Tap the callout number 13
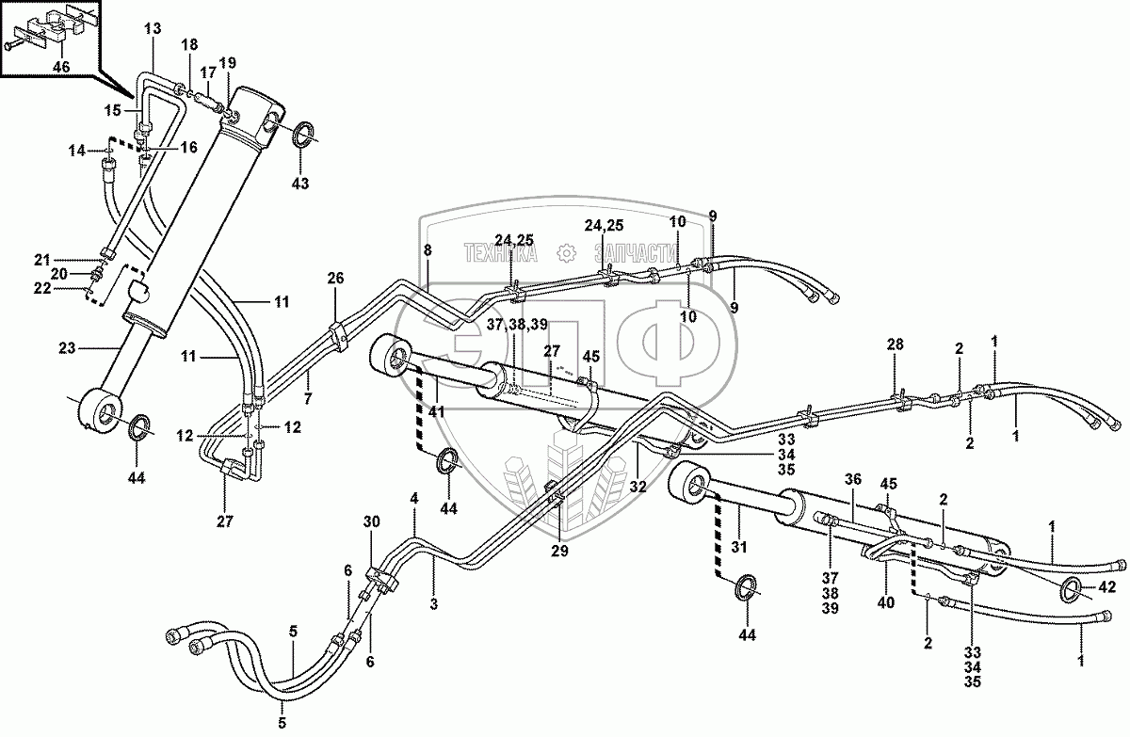click(153, 30)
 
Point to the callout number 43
click(299, 183)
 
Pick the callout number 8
click(428, 251)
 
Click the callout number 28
click(895, 346)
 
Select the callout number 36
click(852, 479)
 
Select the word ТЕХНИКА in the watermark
click(499, 252)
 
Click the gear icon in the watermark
click(566, 252)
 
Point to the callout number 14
click(77, 150)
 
